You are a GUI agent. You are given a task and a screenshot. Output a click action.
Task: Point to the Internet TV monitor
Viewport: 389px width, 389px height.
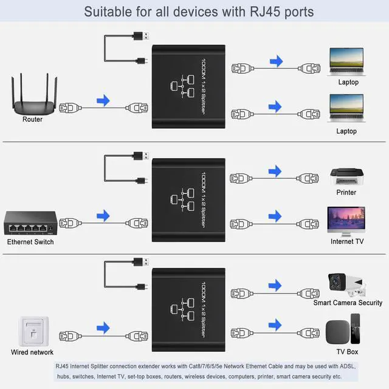[x=346, y=221]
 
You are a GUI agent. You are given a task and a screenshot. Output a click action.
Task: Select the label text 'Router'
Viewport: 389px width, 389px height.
[x=32, y=120]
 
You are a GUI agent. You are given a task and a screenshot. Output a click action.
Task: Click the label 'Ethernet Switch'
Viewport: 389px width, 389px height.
[x=30, y=242]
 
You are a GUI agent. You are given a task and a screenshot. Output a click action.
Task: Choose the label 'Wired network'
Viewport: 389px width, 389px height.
[x=32, y=353]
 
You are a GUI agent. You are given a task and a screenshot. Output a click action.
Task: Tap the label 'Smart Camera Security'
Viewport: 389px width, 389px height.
[x=348, y=303]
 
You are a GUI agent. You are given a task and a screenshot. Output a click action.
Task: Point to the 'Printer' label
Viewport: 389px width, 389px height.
[x=346, y=193]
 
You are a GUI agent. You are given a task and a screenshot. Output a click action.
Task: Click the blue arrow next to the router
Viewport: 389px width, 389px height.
[x=104, y=100]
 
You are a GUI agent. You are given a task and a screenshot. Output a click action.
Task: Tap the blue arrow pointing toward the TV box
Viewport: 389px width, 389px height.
[x=277, y=325]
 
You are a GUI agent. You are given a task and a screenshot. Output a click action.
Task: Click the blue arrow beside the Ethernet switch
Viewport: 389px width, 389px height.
[x=104, y=215]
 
